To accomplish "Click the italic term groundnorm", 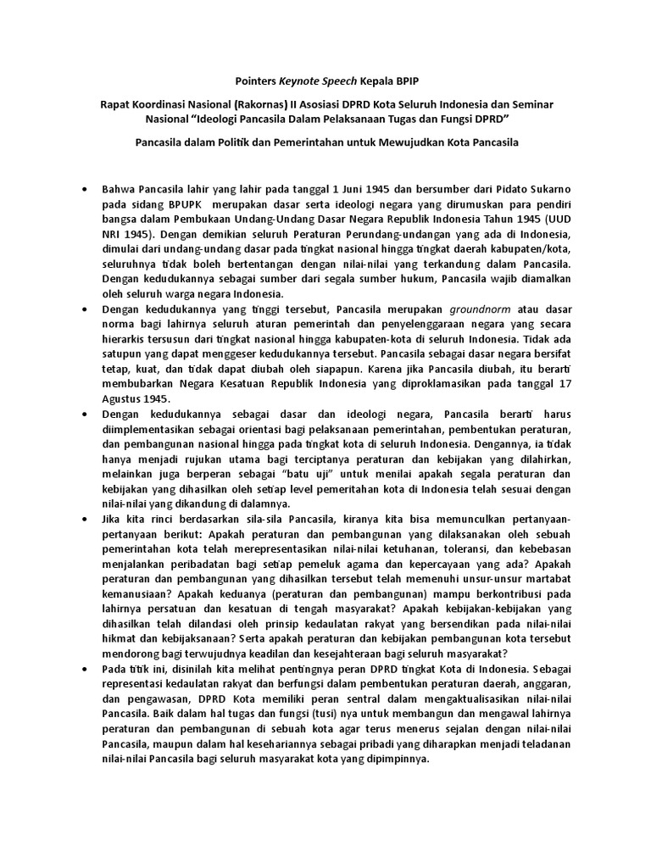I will pyautogui.click(x=481, y=309).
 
